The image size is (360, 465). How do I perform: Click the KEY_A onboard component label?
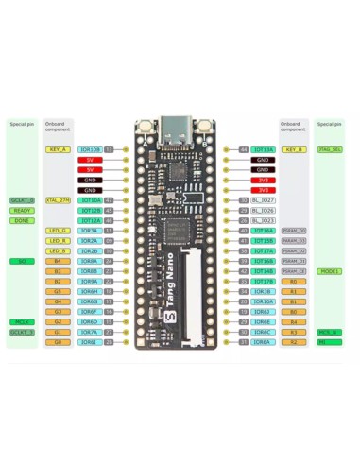pos(58,149)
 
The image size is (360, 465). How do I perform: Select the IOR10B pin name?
pos(91,149)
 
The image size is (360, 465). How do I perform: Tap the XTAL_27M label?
pos(58,200)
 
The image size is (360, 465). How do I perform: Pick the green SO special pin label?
pos(21,261)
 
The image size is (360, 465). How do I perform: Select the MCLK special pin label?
pos(21,321)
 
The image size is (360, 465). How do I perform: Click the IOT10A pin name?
pos(91,200)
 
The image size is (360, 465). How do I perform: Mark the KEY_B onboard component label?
pos(293,149)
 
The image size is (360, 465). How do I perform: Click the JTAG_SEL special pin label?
pos(330,149)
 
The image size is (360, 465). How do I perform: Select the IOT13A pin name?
pos(263,149)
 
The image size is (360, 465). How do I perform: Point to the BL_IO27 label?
pos(263,200)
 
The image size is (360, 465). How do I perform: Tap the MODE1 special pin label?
pos(330,271)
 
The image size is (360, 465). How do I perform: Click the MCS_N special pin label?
pos(330,332)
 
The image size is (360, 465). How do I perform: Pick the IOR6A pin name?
pos(263,342)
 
